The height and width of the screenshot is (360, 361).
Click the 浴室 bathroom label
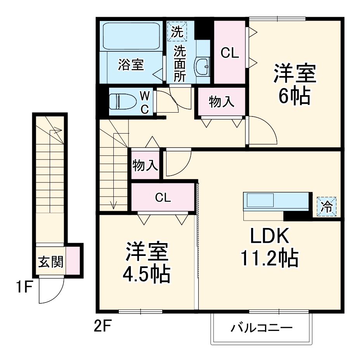pos(131,65)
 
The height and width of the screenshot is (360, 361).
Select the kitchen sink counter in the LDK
pos(276,202)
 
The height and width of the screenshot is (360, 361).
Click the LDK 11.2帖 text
pos(269,247)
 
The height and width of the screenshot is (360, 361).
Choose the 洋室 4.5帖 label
pos(146,263)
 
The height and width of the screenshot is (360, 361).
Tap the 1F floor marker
pos(24,288)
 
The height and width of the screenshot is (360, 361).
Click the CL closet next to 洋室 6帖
pos(229,53)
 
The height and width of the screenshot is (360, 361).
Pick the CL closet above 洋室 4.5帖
pos(163,197)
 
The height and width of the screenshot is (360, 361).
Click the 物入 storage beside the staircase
pos(144,165)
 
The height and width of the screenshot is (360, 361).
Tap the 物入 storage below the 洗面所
pos(221,102)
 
